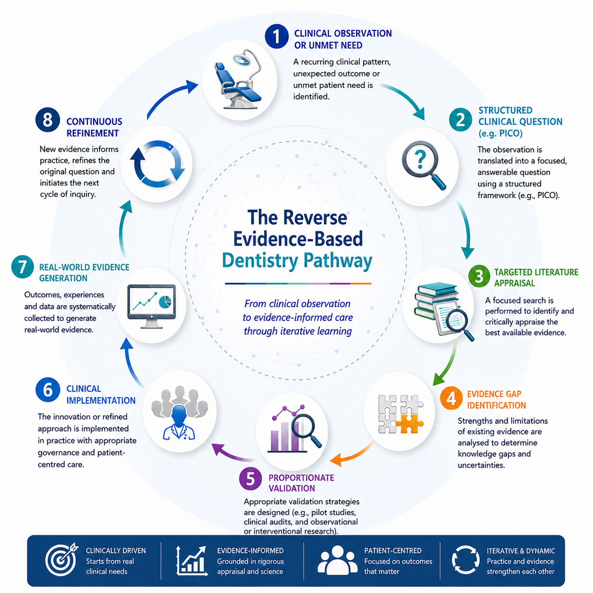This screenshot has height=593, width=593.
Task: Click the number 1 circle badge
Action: coord(276,36)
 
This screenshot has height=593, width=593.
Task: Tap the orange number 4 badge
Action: coord(451,398)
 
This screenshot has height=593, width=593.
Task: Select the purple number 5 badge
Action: coord(251,479)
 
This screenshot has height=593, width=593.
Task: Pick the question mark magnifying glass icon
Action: coord(423,165)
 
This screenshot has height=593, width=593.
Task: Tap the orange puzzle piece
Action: coord(410,423)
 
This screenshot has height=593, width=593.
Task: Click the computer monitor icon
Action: coord(151,306)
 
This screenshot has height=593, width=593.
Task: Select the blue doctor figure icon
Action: coord(179,422)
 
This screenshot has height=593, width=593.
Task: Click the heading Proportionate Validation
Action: coord(301,483)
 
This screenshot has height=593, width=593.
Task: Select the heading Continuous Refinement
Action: coord(94,127)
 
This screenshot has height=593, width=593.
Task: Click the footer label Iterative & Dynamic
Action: coord(521,551)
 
